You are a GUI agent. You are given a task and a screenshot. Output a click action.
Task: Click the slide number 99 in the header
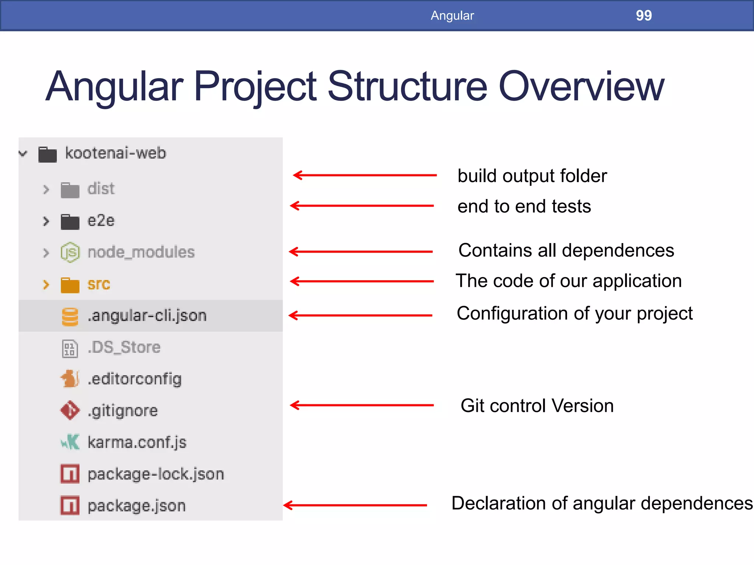point(644,15)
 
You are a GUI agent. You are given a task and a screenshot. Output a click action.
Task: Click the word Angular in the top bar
point(452,15)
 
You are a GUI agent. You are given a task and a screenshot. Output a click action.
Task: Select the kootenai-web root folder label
point(115,153)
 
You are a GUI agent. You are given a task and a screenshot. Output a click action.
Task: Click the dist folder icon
point(70,190)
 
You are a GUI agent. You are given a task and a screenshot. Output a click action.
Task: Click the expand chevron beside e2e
point(46,221)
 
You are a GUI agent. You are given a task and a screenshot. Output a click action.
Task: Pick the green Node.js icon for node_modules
point(70,252)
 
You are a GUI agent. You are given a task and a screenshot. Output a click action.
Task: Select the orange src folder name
point(99,284)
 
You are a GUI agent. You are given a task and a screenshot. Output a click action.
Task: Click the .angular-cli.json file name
point(147,316)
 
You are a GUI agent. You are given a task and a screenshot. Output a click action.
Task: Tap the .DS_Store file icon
point(70,348)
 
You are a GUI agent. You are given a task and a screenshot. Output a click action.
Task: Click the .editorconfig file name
point(135,379)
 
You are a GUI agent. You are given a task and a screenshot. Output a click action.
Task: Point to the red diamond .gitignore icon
point(70,410)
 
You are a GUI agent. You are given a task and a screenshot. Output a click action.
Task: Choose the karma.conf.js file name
point(137,442)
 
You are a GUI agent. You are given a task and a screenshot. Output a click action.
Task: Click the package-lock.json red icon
point(70,474)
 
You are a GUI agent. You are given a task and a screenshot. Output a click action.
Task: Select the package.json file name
point(137,506)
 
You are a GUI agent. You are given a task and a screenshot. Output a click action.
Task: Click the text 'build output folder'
point(532,176)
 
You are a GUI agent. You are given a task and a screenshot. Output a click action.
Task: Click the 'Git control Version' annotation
point(537,406)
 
